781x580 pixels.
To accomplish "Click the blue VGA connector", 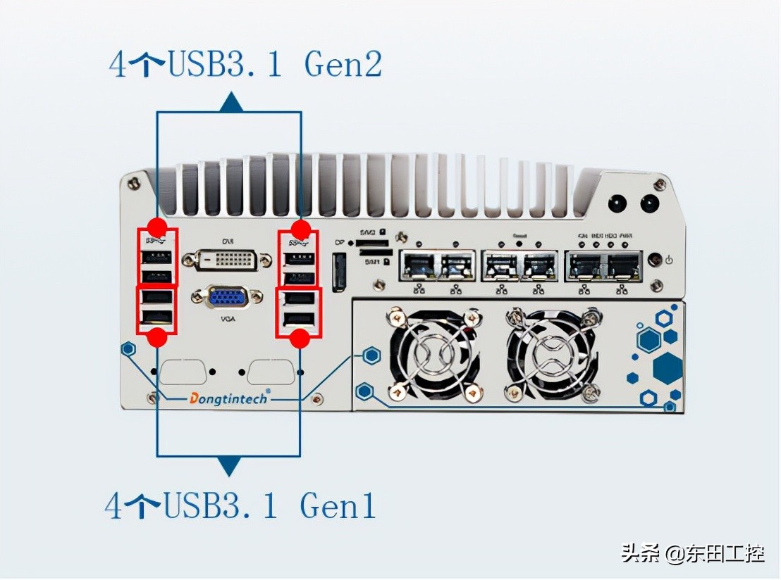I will coord(227,297).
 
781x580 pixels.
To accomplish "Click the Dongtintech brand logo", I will coord(228,398).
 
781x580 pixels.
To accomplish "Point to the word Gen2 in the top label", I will coord(343,65).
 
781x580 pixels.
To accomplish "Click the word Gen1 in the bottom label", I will coord(338,505).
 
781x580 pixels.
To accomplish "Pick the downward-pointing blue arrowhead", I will coord(228,466).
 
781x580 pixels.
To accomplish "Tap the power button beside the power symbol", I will coord(655,260).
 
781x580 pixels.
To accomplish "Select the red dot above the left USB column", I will coord(157,228).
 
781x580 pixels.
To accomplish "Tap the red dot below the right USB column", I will coord(301,339).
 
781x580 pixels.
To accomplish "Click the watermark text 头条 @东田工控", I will coord(692,553).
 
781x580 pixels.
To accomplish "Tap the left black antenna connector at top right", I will coord(617,203).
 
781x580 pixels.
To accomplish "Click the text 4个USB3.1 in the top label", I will coord(195,65).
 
